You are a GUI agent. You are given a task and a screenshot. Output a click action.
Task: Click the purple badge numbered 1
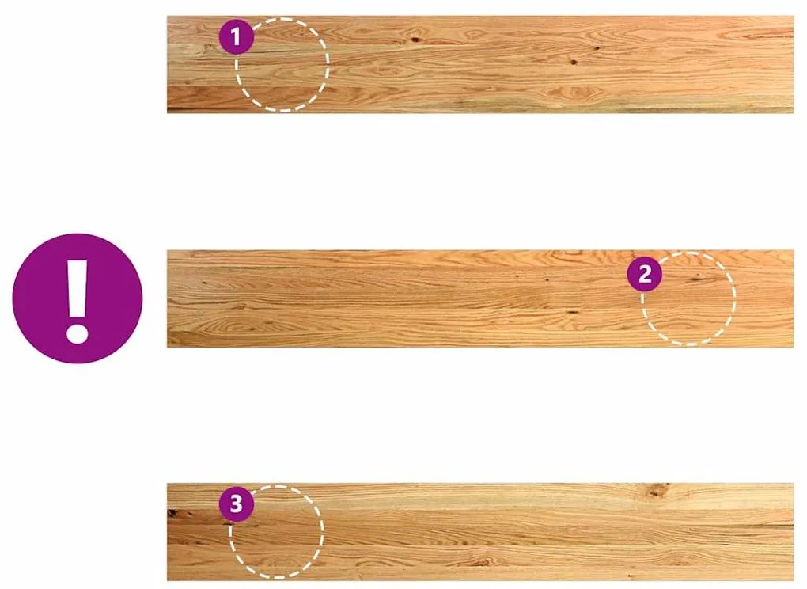pos(237,36)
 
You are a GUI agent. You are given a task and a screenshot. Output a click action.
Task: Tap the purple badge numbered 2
pos(645,274)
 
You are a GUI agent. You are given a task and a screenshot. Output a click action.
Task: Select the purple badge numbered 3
pos(237,503)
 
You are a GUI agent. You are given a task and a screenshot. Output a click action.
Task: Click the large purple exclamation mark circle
pos(78,298)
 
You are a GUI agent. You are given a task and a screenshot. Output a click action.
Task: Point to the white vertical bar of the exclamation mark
pos(78,287)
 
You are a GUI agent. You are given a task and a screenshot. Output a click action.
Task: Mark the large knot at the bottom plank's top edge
pos(657,489)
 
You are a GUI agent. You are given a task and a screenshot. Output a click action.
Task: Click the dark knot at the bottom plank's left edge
pos(173,513)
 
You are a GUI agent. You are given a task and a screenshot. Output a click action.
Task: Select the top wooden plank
pos(480,64)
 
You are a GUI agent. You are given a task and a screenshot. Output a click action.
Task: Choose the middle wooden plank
pos(480,298)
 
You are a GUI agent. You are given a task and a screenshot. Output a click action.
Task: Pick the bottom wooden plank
pos(480,532)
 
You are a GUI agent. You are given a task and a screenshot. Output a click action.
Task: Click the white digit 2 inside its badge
pos(645,274)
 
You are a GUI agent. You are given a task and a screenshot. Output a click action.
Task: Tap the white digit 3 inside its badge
pos(237,503)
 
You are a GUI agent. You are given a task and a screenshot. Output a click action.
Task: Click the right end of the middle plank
pos(794,298)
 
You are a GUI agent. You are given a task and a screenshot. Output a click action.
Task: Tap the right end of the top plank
pos(794,64)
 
